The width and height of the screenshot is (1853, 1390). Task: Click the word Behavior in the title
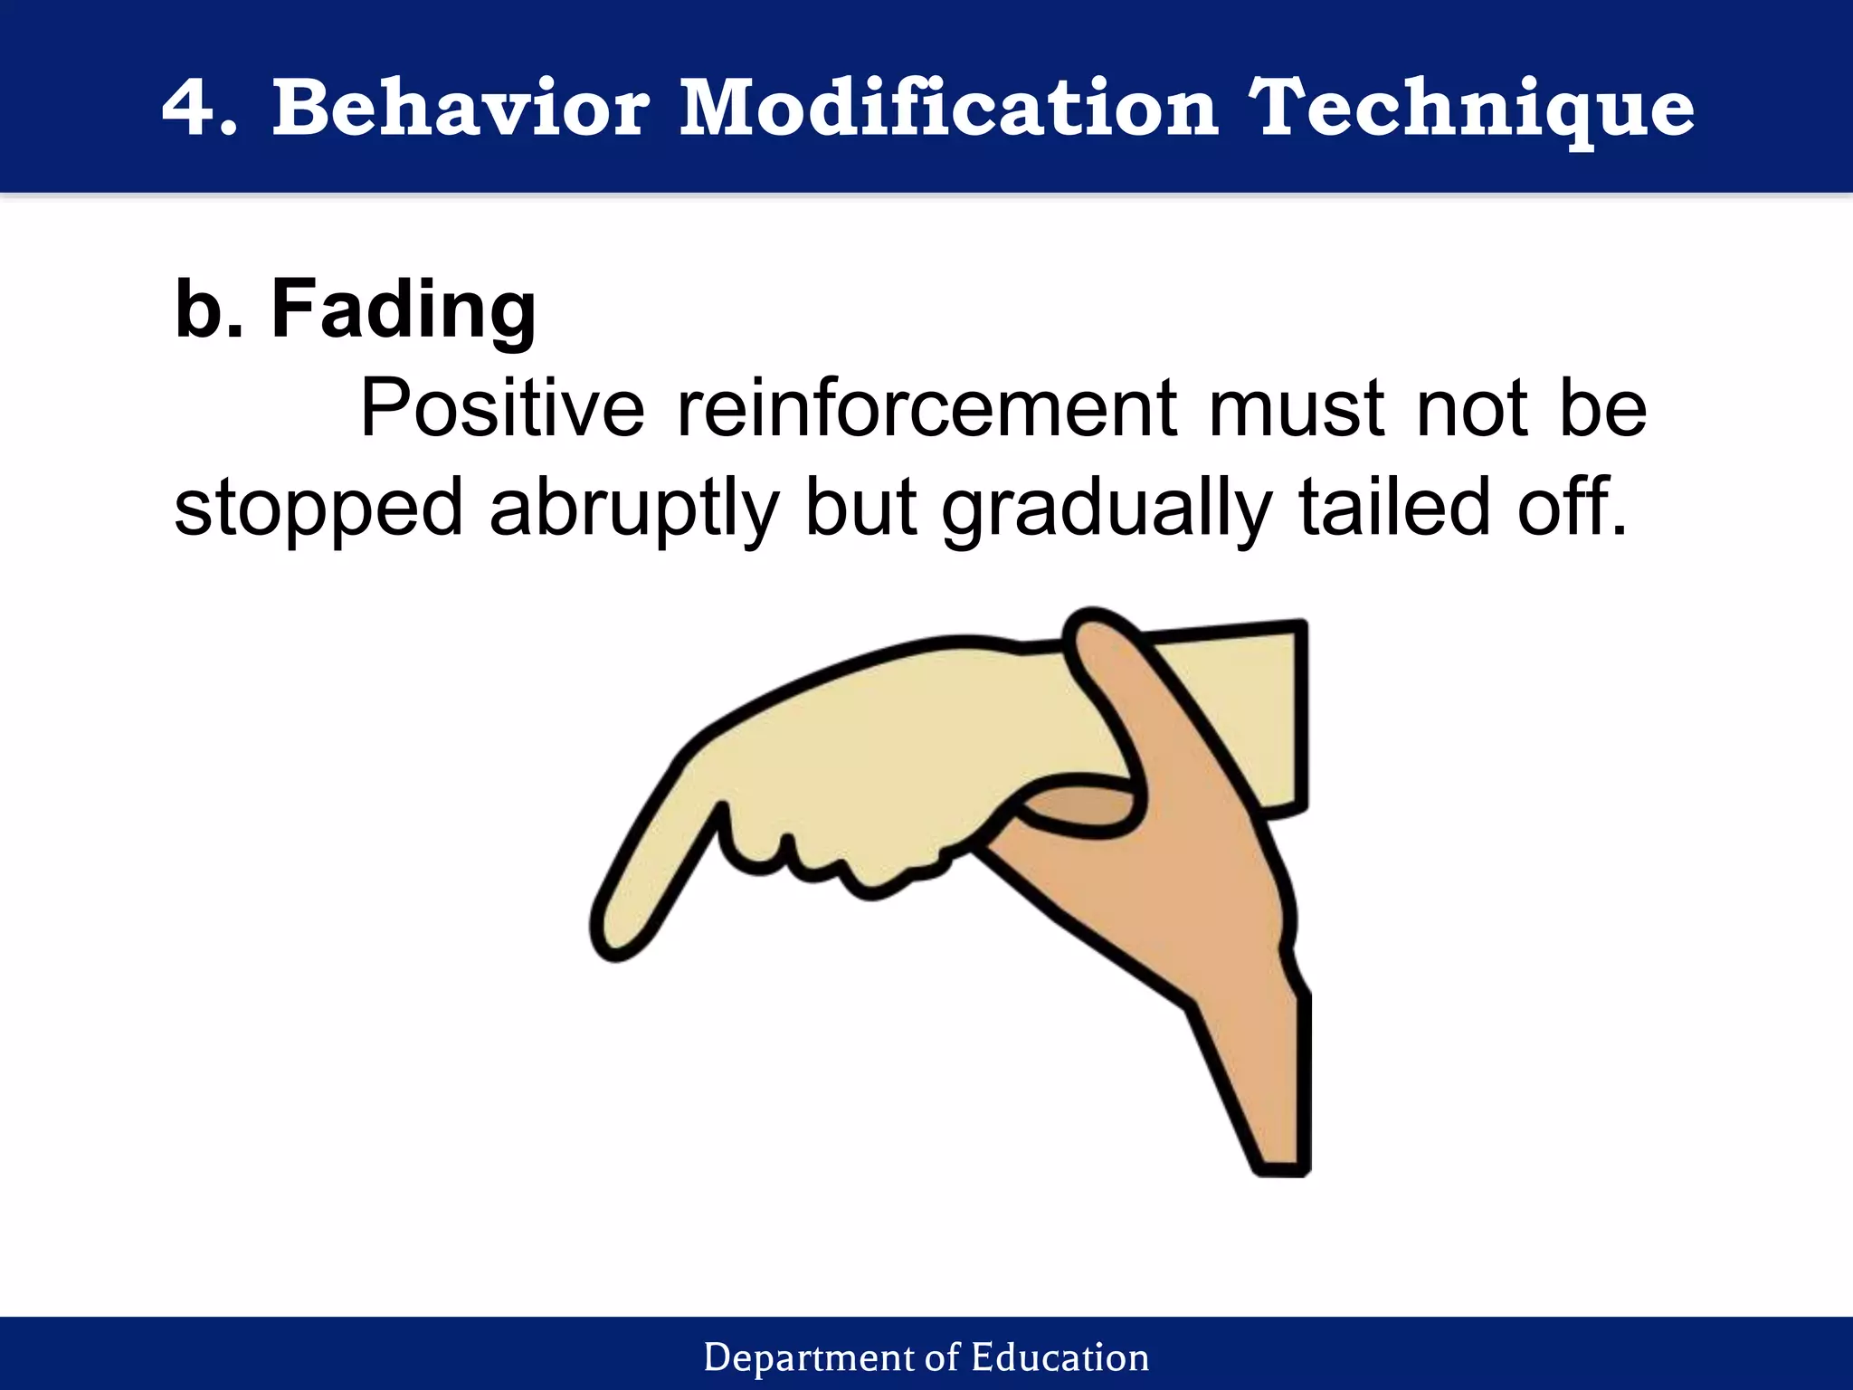click(461, 109)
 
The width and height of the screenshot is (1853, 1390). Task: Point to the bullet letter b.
click(210, 309)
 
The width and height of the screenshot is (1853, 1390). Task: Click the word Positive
click(502, 409)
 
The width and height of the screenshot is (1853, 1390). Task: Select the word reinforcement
click(928, 409)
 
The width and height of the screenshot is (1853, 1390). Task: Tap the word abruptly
click(633, 509)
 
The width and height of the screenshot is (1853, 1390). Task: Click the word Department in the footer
click(809, 1357)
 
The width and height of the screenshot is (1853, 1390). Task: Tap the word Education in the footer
click(1060, 1357)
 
